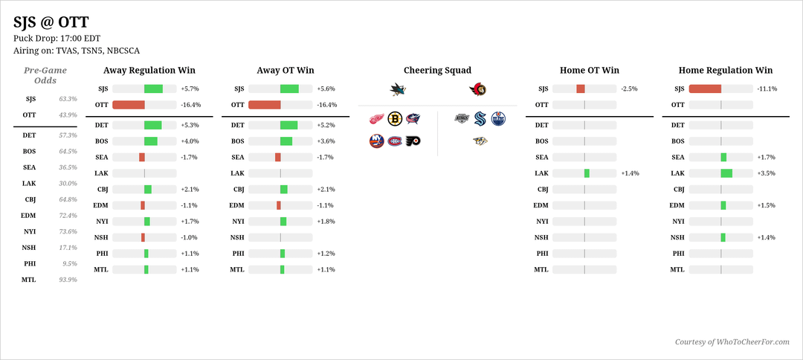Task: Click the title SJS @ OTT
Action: (50, 22)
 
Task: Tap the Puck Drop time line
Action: (57, 38)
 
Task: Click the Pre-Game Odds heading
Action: (45, 75)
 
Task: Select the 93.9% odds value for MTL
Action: (68, 280)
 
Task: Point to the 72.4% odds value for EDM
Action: (68, 216)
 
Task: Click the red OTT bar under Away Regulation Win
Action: (129, 105)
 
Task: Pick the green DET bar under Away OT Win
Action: (288, 125)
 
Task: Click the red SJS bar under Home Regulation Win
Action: (705, 89)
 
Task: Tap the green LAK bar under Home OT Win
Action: (587, 173)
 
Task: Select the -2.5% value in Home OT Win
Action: (630, 89)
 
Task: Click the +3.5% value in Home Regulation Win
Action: (766, 173)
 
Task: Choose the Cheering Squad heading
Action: (437, 71)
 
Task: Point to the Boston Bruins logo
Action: (395, 118)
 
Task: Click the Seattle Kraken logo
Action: (480, 118)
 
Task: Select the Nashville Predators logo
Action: (480, 141)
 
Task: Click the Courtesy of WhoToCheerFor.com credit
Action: (732, 341)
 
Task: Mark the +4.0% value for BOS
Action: (190, 141)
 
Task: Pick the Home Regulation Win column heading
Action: (725, 71)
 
